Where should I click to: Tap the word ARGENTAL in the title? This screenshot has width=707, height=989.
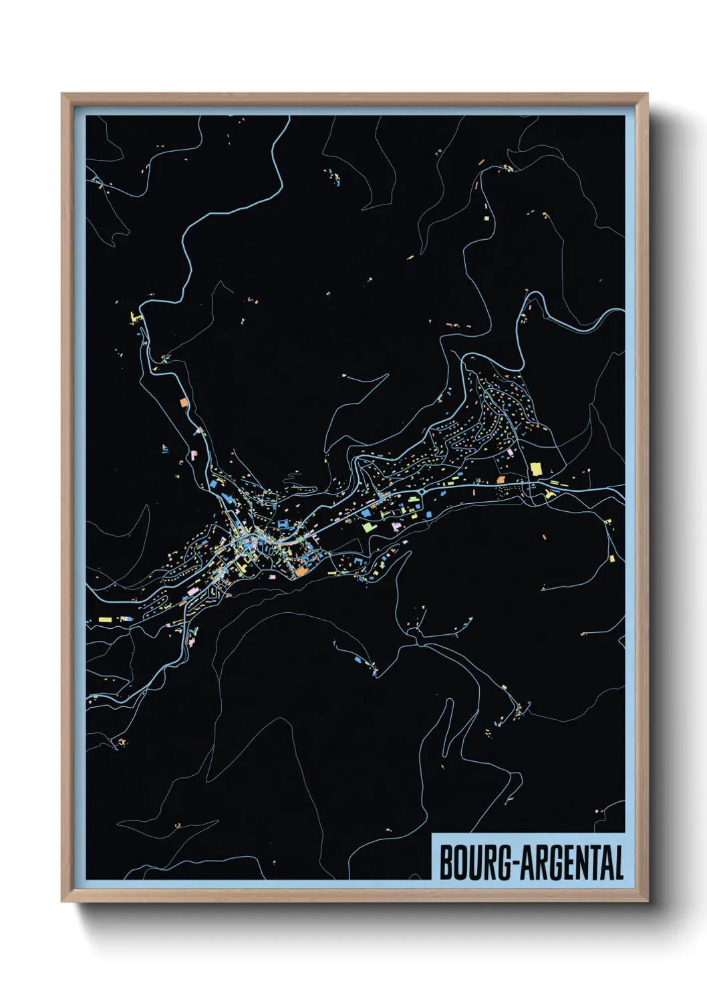[x=572, y=863]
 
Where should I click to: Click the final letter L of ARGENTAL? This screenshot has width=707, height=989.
[x=618, y=863]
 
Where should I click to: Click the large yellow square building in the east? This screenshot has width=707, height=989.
[x=536, y=468]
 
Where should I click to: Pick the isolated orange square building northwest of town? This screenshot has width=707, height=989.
[x=184, y=403]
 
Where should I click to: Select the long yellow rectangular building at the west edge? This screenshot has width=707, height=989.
[x=104, y=619]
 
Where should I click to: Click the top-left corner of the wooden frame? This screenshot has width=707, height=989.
[x=62, y=94]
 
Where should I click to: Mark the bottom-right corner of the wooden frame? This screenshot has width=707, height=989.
[x=647, y=901]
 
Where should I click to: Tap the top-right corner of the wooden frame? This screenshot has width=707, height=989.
[x=647, y=94]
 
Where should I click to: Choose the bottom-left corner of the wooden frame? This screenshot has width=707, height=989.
[x=62, y=901]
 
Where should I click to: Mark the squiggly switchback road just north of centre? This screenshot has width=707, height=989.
[x=297, y=480]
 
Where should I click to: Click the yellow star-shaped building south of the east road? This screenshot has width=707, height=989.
[x=549, y=494]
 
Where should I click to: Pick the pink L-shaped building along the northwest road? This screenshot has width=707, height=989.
[x=194, y=454]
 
